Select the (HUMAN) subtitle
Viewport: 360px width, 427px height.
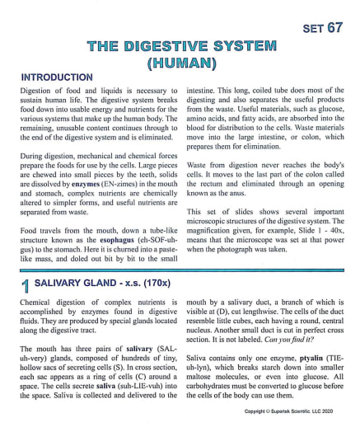[180, 62]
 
